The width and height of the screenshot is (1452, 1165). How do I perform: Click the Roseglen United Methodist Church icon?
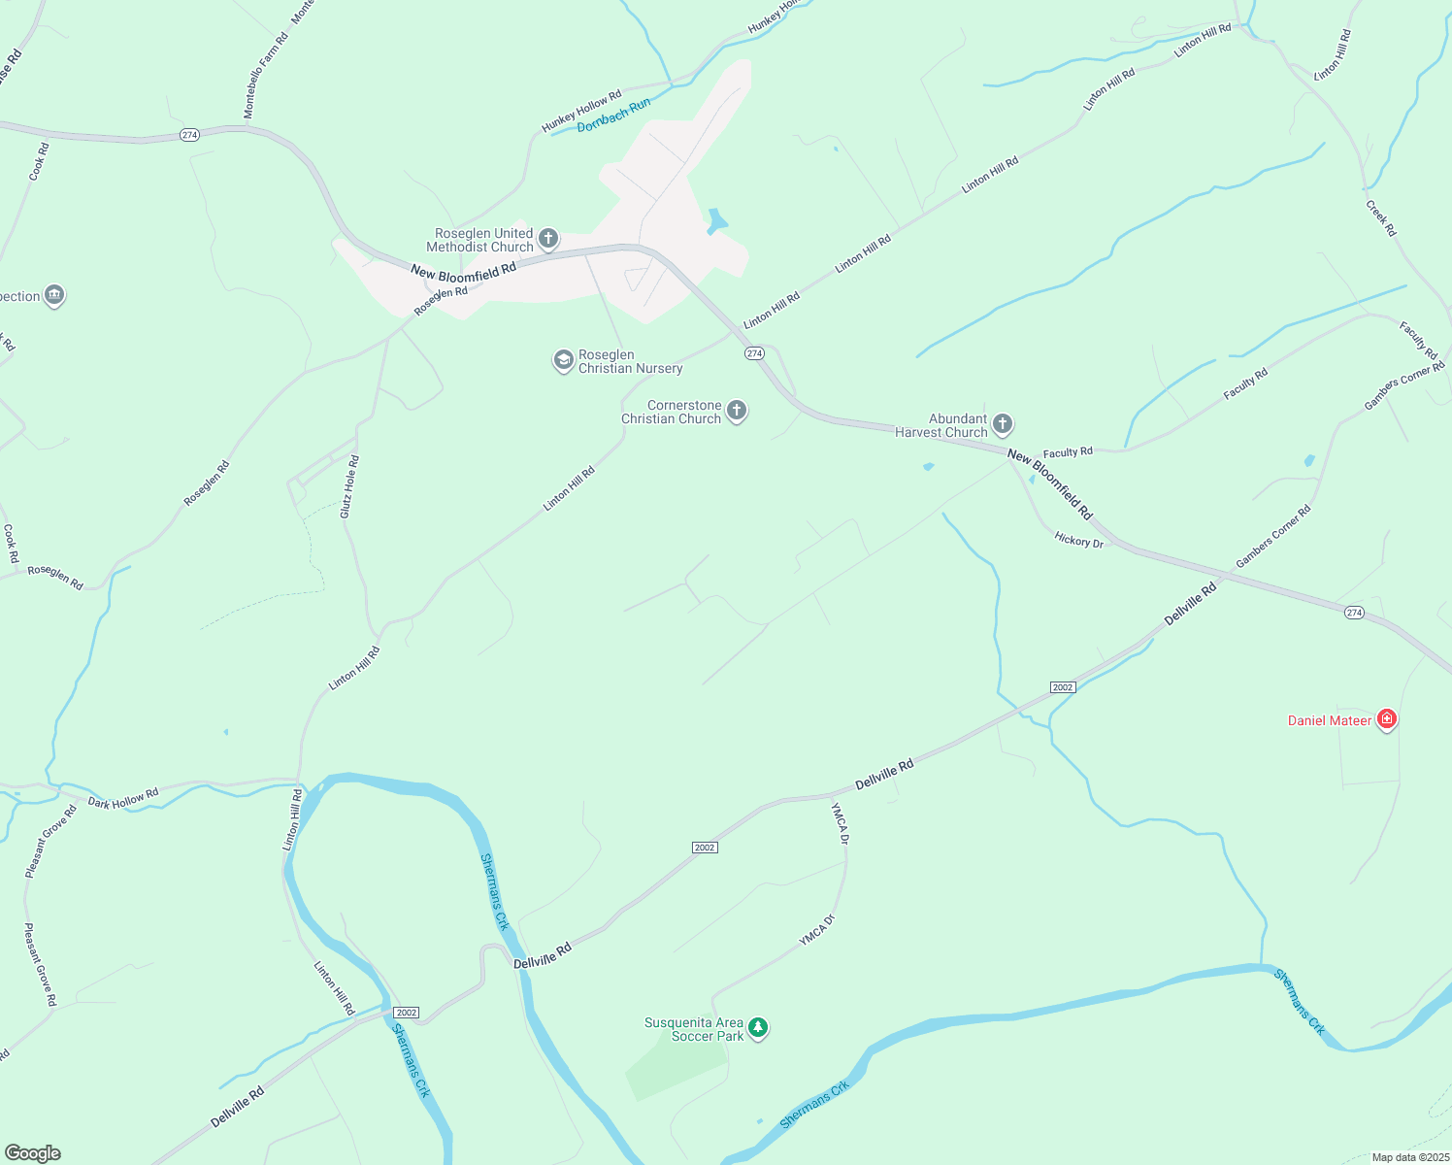(x=548, y=239)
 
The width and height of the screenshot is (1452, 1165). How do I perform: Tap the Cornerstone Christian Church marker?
(x=737, y=411)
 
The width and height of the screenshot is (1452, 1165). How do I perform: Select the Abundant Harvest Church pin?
(x=1003, y=423)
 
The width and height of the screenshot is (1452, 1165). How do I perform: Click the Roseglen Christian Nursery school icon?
(x=563, y=361)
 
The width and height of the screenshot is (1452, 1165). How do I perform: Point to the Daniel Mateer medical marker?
(x=1387, y=719)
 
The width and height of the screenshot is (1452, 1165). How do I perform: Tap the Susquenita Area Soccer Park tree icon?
(x=758, y=1028)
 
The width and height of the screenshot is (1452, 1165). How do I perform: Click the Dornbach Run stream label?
(x=613, y=116)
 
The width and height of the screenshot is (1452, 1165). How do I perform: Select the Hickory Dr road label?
(x=1079, y=540)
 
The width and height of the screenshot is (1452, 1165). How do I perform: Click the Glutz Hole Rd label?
(x=349, y=486)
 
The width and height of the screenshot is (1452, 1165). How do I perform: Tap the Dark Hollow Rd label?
(x=123, y=799)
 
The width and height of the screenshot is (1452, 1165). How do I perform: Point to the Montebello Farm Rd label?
(x=266, y=77)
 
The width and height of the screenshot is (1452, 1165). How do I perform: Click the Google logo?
(x=33, y=1153)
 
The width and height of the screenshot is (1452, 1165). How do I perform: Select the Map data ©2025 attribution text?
(x=1409, y=1157)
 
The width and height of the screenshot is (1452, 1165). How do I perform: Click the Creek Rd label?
(x=1380, y=218)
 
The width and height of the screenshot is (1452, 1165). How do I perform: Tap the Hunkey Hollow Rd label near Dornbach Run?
(x=581, y=112)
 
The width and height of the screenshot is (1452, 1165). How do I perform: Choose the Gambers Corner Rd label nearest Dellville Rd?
(x=1273, y=537)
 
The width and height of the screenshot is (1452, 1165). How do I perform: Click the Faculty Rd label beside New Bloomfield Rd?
(x=1068, y=452)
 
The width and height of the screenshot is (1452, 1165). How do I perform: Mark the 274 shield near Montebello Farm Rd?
(x=189, y=135)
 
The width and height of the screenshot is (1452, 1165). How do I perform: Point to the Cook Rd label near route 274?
(x=38, y=162)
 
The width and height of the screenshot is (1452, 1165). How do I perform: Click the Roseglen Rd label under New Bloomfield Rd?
(x=441, y=299)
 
